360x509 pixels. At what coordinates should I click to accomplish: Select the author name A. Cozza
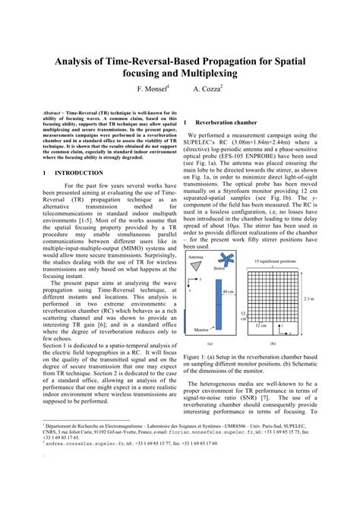click(207, 89)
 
